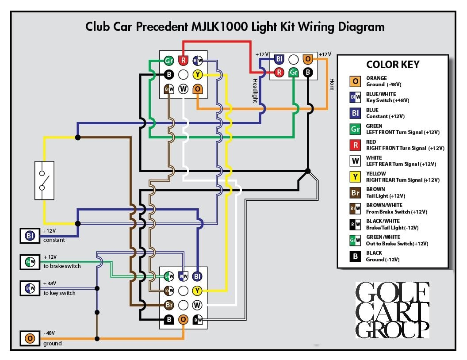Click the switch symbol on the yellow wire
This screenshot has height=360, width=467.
[x=44, y=180]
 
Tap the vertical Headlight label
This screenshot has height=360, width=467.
[x=255, y=91]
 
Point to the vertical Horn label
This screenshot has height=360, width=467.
[x=332, y=84]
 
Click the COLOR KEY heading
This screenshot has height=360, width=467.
[x=393, y=65]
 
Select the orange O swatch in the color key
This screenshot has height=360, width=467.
[x=355, y=81]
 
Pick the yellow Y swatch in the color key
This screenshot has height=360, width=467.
[x=355, y=177]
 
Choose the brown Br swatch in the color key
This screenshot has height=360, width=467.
[x=355, y=193]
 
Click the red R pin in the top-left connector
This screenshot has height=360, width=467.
[x=183, y=60]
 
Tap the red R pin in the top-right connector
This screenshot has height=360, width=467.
[x=279, y=72]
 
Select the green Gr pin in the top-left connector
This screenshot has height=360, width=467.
[x=168, y=60]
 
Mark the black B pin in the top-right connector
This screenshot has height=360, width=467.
[x=308, y=72]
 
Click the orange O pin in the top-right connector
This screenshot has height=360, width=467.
[x=308, y=59]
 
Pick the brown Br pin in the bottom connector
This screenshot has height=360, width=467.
[x=168, y=305]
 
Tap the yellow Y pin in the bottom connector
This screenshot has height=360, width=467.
[x=198, y=291]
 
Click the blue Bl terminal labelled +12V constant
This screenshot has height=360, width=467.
[x=30, y=236]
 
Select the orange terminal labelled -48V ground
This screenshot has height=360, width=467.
[x=30, y=339]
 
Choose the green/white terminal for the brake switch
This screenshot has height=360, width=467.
[x=30, y=262]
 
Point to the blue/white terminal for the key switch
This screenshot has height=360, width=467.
[x=30, y=289]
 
